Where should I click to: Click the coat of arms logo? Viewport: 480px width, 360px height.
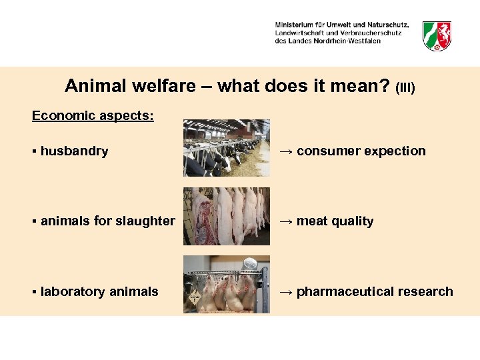click(x=437, y=35)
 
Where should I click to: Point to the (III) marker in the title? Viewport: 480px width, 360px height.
click(x=405, y=88)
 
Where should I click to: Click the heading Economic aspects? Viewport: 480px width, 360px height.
click(x=93, y=116)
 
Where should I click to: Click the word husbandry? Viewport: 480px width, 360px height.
click(x=74, y=151)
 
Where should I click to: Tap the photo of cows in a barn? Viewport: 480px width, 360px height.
click(x=227, y=147)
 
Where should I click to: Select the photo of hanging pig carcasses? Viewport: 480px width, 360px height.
click(x=227, y=216)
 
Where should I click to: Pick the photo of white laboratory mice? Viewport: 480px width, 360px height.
click(x=227, y=284)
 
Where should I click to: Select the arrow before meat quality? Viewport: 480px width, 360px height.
click(x=286, y=221)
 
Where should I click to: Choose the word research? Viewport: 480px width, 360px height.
click(x=429, y=292)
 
